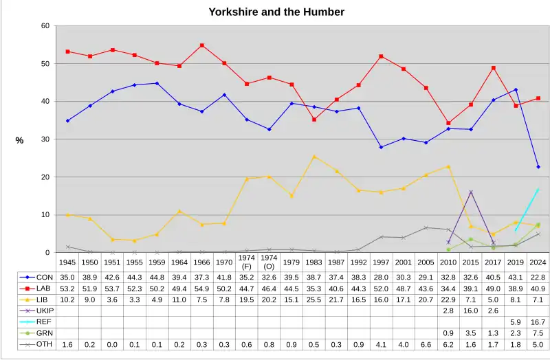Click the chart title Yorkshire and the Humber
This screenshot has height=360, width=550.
coord(276,12)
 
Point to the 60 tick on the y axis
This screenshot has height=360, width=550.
coord(45,26)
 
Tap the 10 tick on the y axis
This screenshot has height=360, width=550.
coord(45,215)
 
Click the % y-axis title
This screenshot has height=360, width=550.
coord(20,140)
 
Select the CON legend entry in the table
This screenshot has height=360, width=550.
coord(39,275)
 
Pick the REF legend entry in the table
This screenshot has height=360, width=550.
coord(39,321)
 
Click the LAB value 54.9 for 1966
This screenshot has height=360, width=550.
coord(201,287)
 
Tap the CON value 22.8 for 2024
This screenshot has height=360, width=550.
coord(537,275)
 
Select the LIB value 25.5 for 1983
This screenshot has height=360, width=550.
coord(313,298)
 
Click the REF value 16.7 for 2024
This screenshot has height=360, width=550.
coord(537,321)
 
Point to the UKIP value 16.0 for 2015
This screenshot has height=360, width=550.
coord(470,310)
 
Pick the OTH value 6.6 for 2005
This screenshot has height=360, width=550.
coord(426,344)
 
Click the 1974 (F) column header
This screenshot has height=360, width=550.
coord(246,262)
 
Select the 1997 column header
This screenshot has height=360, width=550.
coord(381,262)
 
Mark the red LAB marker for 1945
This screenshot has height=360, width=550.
coord(67,52)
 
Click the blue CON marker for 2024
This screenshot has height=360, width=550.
coord(538,167)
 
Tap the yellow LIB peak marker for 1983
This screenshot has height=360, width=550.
coord(313,157)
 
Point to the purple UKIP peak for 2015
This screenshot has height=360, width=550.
coord(470,192)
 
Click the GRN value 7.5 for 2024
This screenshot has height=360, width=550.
coord(537,333)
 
